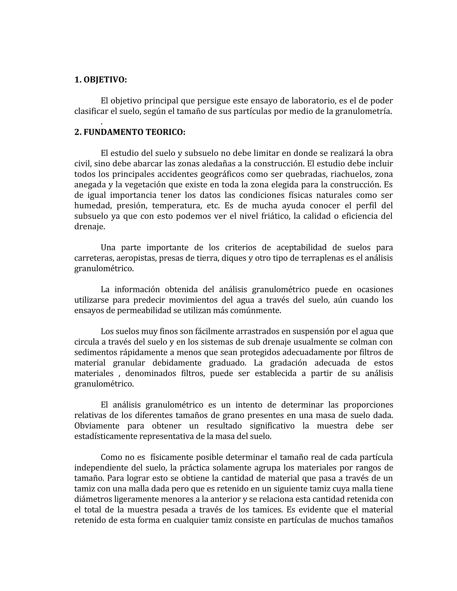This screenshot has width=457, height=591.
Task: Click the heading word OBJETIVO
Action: click(105, 80)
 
